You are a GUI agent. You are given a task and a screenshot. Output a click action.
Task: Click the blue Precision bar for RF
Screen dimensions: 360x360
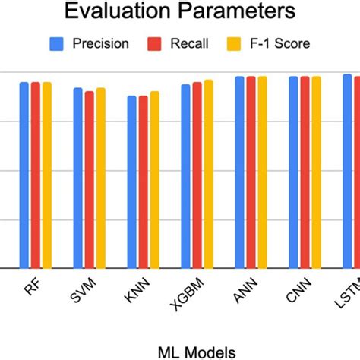[24, 175]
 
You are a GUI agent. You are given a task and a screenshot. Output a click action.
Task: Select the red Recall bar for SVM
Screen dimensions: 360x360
[89, 179]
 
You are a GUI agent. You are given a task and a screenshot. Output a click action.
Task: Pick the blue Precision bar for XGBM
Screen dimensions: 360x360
[186, 176]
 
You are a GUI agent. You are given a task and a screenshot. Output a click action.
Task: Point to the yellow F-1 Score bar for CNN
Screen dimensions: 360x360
[317, 172]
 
